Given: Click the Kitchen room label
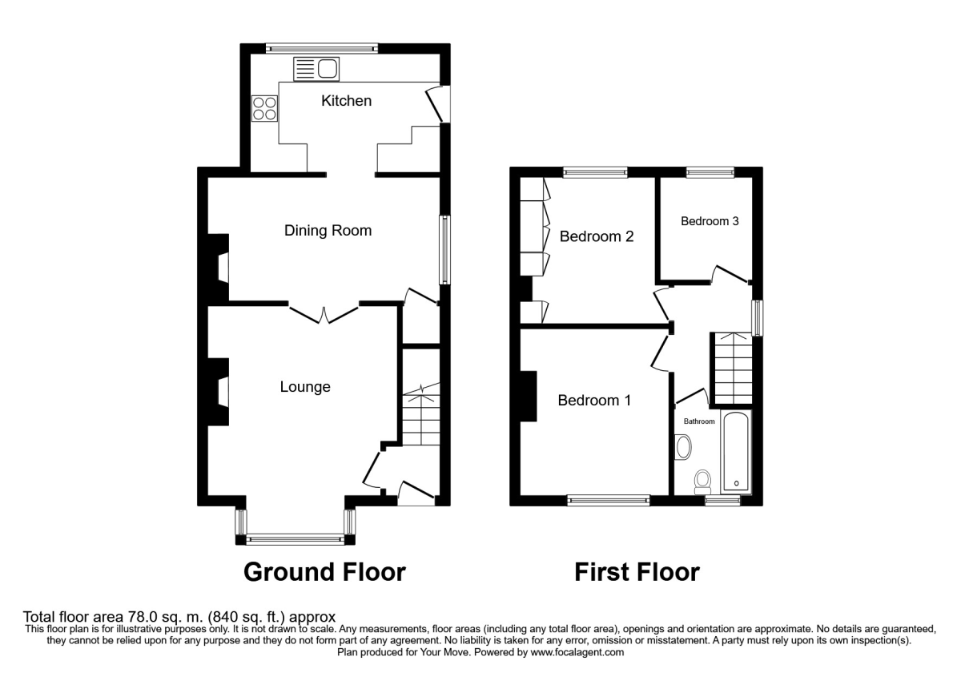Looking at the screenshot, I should coord(346,101).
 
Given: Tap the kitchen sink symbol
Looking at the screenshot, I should coord(317,69).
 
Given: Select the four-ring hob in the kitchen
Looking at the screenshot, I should coord(264,108).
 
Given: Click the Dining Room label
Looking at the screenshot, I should coord(328,231).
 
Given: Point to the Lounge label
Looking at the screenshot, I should coord(305,387).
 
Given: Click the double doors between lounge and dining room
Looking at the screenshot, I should coord(324,313).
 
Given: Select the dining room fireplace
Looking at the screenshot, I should coord(219,267).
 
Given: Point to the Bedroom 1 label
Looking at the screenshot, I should coord(594,400).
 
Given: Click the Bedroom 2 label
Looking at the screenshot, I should coord(597,236).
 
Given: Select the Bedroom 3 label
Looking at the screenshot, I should coord(710,222).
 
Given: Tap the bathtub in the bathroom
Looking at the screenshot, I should coord(735,452).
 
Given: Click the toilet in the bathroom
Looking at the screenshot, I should coord(703,482).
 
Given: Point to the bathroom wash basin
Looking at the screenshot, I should coord(683,447).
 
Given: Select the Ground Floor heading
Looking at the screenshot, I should coord(324,572).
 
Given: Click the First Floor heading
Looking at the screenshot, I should coord(637,572).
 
